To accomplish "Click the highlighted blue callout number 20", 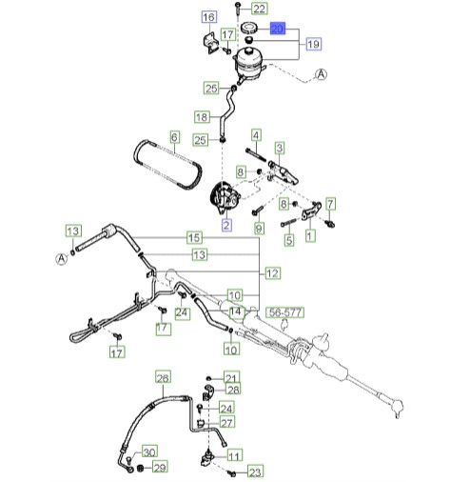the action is tap(278, 29).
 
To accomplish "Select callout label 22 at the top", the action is tap(260, 9).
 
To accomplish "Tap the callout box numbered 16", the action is tap(209, 17).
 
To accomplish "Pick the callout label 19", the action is tap(314, 44).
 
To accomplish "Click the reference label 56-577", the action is tap(285, 312).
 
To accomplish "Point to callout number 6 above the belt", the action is tap(174, 137).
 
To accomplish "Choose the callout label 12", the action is tap(272, 273).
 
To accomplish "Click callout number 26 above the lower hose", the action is tap(163, 378).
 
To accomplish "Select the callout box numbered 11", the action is tap(235, 456).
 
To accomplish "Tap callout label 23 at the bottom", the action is tap(255, 472).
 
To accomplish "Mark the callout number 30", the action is tap(149, 452).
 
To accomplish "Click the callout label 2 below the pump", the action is tap(226, 225).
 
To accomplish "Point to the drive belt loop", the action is tap(167, 165).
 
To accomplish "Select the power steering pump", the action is tap(225, 198).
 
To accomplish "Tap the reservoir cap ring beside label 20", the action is tap(249, 28).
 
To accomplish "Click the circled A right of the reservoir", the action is tap(321, 74).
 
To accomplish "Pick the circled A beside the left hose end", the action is tap(62, 259).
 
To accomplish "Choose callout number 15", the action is tap(194, 237).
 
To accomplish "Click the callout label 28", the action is tap(233, 390).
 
